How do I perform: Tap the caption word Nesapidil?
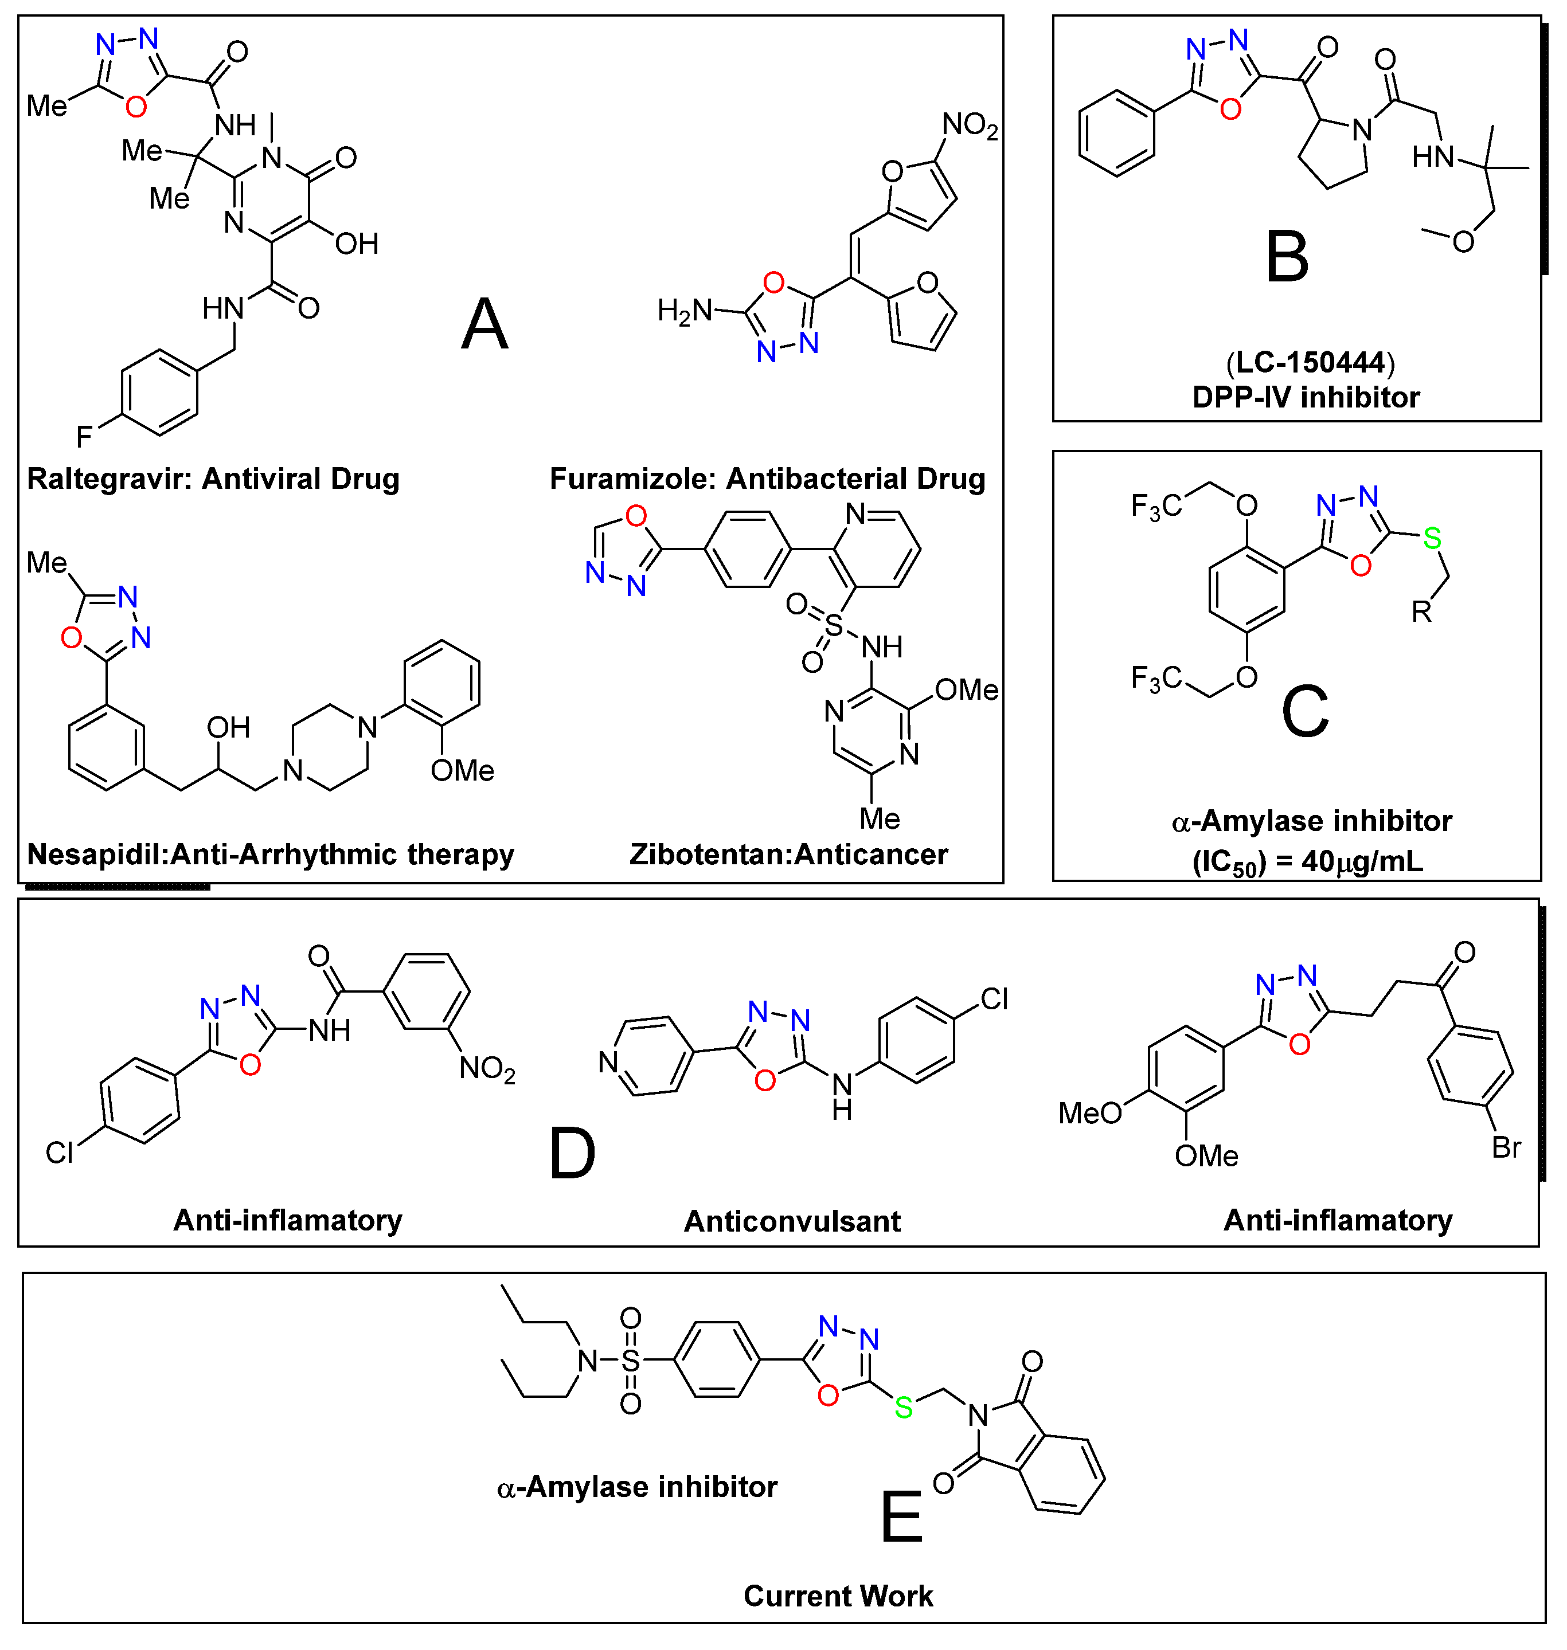coord(95,854)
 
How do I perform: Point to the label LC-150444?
coord(1310,362)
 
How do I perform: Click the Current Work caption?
coord(838,1596)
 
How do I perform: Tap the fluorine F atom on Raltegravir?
coord(84,436)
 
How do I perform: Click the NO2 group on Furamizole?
coord(970,126)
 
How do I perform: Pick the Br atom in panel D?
coord(1506,1147)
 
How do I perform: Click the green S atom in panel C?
coord(1432,539)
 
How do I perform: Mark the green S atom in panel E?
coord(904,1408)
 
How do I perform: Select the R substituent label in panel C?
coord(1422,612)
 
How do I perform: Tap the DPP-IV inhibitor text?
coord(1306,398)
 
